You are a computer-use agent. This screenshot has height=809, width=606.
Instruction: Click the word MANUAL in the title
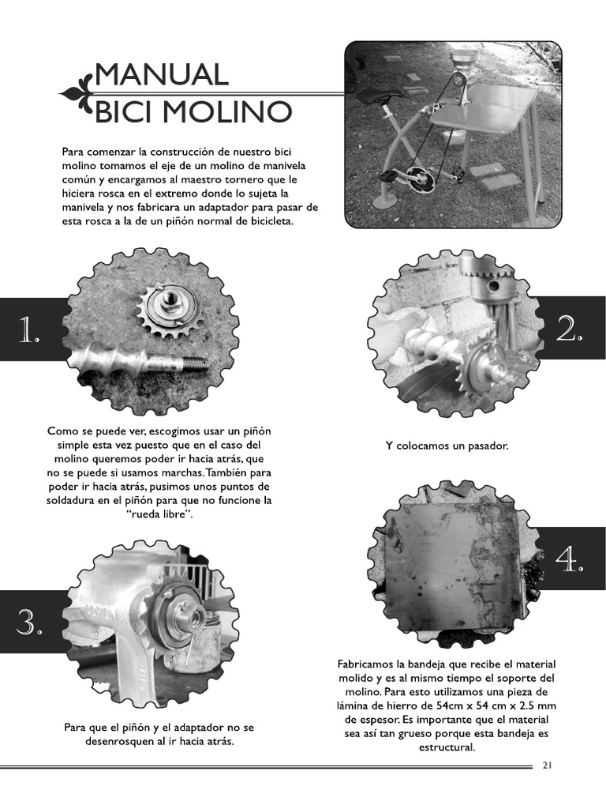click(161, 76)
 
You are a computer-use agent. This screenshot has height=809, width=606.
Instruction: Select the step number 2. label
click(570, 329)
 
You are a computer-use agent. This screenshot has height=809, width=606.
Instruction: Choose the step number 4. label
click(570, 560)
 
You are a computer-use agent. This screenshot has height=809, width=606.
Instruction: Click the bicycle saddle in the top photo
click(378, 96)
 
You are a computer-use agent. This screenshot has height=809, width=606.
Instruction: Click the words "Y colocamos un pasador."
click(447, 446)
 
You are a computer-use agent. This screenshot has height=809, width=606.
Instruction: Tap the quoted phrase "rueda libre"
click(159, 514)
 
